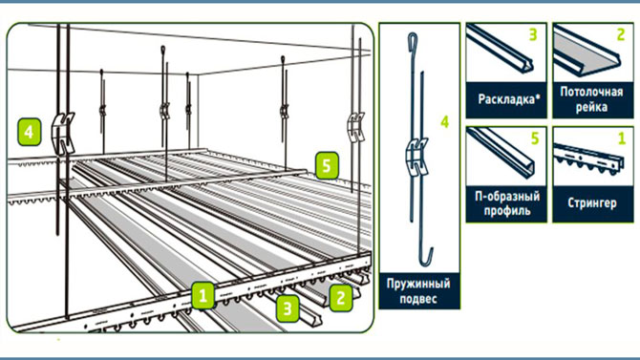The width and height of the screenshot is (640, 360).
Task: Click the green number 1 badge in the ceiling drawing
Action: pos(203,295)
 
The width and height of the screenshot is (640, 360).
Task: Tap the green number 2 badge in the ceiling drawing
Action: pos(341,298)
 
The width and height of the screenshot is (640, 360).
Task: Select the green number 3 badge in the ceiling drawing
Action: pos(288,308)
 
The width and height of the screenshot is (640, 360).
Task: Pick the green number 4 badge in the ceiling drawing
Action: pos(29,132)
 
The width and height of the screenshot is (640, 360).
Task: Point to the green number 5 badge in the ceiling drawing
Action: pos(327,165)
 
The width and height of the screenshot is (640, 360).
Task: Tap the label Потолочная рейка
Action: pos(591,99)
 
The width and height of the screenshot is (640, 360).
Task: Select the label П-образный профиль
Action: pos(507,203)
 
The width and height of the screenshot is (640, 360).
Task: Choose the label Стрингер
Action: pos(592,202)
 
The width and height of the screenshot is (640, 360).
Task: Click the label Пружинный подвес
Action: pos(418,290)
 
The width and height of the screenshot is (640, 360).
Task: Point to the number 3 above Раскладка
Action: pos(533,34)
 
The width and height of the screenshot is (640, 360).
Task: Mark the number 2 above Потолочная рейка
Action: pos(621,34)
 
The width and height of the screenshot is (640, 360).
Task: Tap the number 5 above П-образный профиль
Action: pos(535,138)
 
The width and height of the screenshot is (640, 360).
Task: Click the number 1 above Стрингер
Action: pos(622,138)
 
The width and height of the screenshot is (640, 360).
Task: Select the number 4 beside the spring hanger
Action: pos(445,121)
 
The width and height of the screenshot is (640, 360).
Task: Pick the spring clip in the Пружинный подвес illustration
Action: pos(416,157)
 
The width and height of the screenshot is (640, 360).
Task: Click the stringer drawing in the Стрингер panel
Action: pos(588,159)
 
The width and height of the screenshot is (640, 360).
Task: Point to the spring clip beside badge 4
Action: pos(62,133)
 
